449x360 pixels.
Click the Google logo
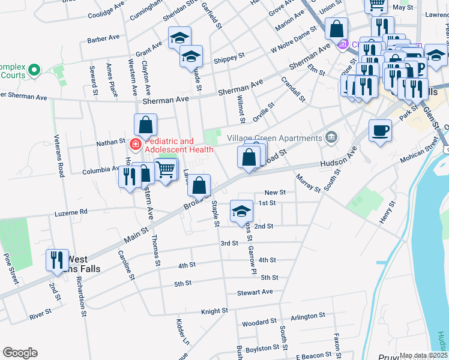20,353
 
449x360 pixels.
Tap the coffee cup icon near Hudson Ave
380,130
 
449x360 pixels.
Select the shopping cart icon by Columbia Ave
166,169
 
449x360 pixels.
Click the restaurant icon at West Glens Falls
56,260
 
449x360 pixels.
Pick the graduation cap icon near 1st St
241,211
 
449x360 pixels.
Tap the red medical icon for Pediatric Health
136,145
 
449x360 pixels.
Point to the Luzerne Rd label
71,212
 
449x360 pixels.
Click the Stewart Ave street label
255,292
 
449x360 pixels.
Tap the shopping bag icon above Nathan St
146,125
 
